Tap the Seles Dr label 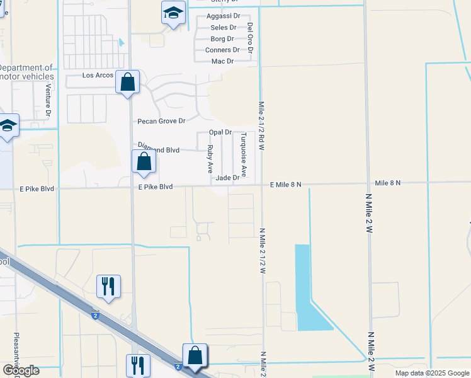pyautogui.click(x=224, y=28)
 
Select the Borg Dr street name pyautogui.click(x=222, y=38)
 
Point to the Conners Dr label pyautogui.click(x=222, y=50)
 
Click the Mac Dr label pyautogui.click(x=222, y=61)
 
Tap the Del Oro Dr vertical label pyautogui.click(x=250, y=42)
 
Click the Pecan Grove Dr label pyautogui.click(x=162, y=121)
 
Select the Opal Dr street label pyautogui.click(x=220, y=132)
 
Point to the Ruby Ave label pyautogui.click(x=210, y=159)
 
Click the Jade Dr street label pyautogui.click(x=227, y=178)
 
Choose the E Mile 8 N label pyautogui.click(x=286, y=184)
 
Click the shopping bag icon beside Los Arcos pyautogui.click(x=127, y=83)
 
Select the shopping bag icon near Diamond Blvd pyautogui.click(x=144, y=162)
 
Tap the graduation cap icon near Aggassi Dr pyautogui.click(x=173, y=13)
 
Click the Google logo pyautogui.click(x=20, y=370)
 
